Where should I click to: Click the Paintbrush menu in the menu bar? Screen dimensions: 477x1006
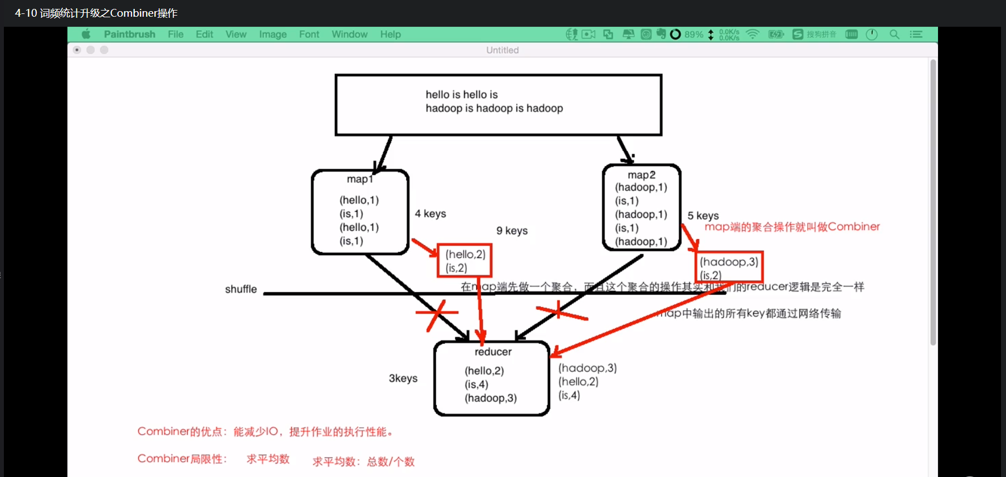coord(129,35)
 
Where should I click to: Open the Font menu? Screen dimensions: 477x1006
coord(309,35)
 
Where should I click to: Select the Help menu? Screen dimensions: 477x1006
coord(390,35)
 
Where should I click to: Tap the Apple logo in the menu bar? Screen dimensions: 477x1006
coord(86,35)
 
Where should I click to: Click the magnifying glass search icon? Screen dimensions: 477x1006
coord(894,35)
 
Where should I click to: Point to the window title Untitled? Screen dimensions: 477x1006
coord(502,50)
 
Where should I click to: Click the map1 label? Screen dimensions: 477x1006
coord(359,179)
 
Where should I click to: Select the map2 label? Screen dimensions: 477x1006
coord(641,175)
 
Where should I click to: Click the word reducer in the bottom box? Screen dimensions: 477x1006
coord(493,352)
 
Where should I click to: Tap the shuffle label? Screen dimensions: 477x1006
coord(241,289)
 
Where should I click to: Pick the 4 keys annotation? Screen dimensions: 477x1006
coord(430,214)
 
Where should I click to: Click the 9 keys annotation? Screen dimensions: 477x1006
coord(512,231)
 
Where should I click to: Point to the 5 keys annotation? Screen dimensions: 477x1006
coord(703,216)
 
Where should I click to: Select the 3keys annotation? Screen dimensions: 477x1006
coord(403,378)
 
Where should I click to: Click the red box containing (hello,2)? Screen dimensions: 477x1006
coord(465,260)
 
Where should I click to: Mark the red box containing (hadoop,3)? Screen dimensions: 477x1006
coord(729,267)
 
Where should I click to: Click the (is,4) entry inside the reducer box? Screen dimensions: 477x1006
coord(476,384)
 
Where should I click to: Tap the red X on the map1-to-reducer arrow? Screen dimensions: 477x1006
coord(436,314)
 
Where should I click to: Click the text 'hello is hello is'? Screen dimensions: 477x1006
coord(462,95)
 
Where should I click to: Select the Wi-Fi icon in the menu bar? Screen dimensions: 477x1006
coord(753,35)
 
